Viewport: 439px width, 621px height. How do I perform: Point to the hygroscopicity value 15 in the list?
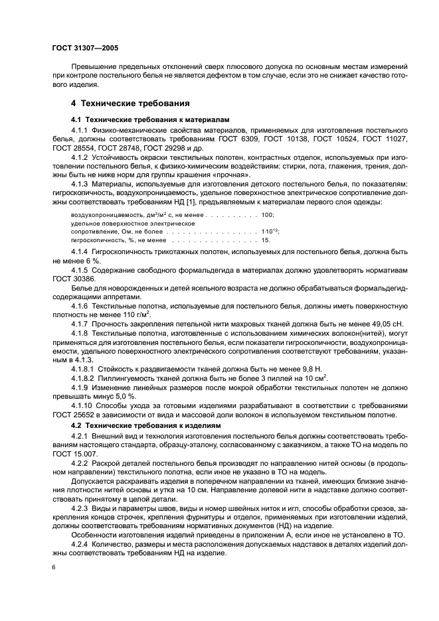(x=266, y=240)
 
